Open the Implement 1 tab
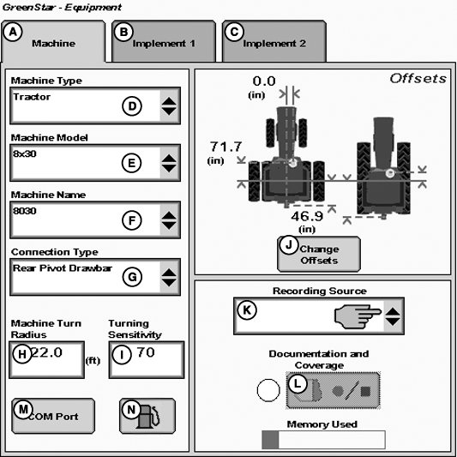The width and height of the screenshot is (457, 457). pyautogui.click(x=164, y=41)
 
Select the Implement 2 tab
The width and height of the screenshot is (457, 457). pyautogui.click(x=274, y=41)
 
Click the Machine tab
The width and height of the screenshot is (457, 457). pyautogui.click(x=53, y=41)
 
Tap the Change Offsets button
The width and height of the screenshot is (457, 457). pyautogui.click(x=319, y=255)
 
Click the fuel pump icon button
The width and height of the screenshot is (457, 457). pyautogui.click(x=147, y=416)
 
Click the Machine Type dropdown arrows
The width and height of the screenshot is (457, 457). pyautogui.click(x=169, y=105)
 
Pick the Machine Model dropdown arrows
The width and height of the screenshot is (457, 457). pyautogui.click(x=169, y=163)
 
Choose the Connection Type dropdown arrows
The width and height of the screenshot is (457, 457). pyautogui.click(x=169, y=277)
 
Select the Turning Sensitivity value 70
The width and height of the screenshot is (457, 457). pyautogui.click(x=146, y=352)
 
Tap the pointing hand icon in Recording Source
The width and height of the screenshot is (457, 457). pyautogui.click(x=358, y=316)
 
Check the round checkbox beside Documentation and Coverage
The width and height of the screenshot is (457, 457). pyautogui.click(x=268, y=390)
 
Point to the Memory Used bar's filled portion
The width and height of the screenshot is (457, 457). pyautogui.click(x=270, y=440)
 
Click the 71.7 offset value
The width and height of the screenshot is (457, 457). pyautogui.click(x=225, y=147)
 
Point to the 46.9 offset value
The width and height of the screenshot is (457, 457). pyautogui.click(x=307, y=216)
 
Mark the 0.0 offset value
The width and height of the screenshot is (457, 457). pyautogui.click(x=264, y=81)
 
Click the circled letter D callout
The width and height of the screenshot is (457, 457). pyautogui.click(x=132, y=106)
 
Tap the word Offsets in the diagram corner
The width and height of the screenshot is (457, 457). pyautogui.click(x=418, y=79)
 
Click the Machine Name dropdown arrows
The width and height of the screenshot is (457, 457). pyautogui.click(x=169, y=220)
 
